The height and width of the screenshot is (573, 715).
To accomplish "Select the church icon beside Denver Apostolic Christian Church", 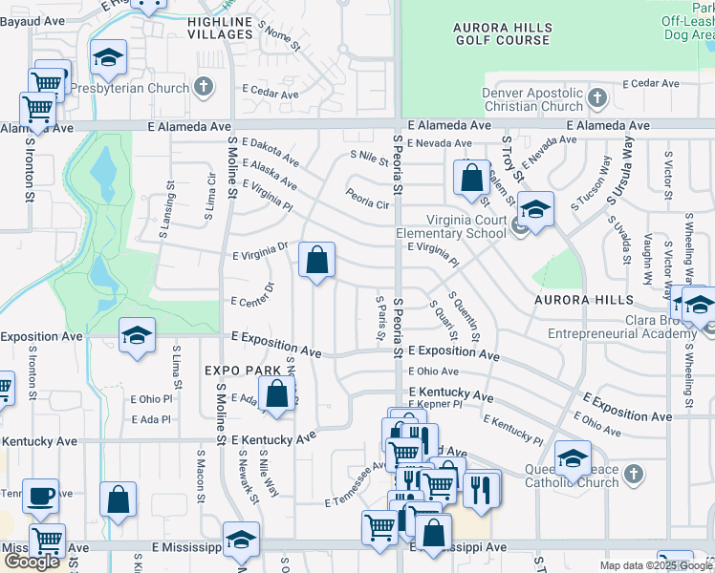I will pos(597,97).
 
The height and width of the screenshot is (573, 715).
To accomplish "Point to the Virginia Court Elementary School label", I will pos(452,225).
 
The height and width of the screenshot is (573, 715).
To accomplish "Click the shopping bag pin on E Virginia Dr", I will pos(316,259).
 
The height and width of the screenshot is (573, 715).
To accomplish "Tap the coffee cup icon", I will pos(40,497).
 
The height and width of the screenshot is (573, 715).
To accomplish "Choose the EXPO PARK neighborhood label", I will pos(242,370).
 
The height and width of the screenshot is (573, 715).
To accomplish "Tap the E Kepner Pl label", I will pos(436,405).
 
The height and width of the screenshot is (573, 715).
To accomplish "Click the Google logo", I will pos(32,562).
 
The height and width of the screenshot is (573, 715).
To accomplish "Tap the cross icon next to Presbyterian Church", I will pos(203,88).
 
